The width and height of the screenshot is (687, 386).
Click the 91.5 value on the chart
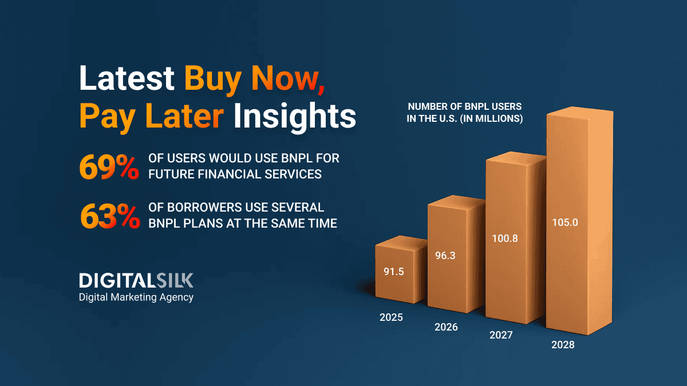click(394, 272)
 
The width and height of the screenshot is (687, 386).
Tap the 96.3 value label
click(445, 256)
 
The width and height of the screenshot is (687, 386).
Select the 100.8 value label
click(505, 238)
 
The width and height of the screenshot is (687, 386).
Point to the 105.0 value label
click(565, 222)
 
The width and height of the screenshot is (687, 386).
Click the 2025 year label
click(391, 317)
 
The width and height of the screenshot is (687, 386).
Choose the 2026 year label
click(446, 327)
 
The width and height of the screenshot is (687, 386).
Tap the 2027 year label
click(501, 335)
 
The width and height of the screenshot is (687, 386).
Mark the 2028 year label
click(563, 345)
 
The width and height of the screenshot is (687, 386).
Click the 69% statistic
click(109, 167)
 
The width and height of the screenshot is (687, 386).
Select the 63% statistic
click(110, 216)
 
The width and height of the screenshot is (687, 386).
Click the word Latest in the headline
click(127, 78)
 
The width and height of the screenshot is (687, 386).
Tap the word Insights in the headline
click(295, 116)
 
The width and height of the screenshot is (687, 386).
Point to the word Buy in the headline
click(212, 79)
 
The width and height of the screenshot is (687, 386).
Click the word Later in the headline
click(184, 116)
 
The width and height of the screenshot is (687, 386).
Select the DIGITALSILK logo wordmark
click(136, 280)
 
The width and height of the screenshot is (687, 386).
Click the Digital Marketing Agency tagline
click(136, 297)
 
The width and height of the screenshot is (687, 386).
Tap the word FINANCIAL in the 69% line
click(230, 174)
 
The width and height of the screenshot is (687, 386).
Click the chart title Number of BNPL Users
click(465, 113)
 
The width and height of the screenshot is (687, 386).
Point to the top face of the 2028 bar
click(580, 113)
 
